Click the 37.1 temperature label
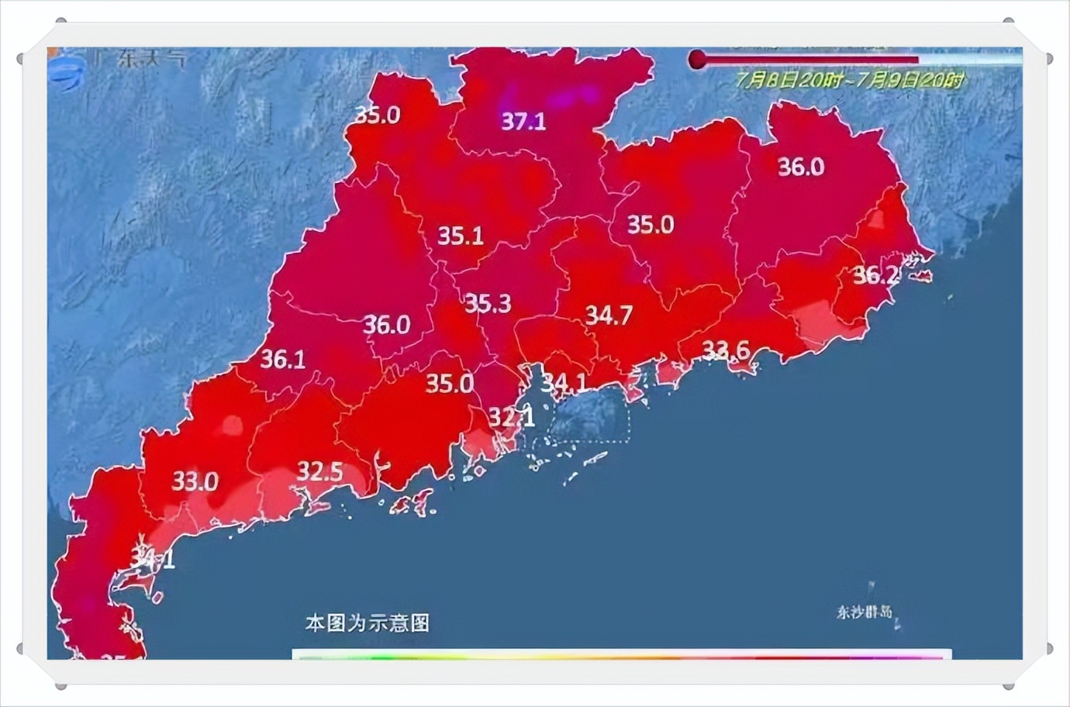click(x=523, y=121)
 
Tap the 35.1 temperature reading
click(x=461, y=235)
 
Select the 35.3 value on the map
click(x=488, y=303)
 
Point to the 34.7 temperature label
click(x=609, y=315)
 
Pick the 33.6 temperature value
click(x=726, y=350)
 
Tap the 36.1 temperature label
click(x=282, y=359)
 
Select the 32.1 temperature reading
click(x=511, y=417)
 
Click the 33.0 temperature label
click(x=195, y=481)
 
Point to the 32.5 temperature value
click(x=320, y=471)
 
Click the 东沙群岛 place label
click(x=864, y=612)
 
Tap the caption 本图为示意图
click(x=368, y=623)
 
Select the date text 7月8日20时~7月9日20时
click(x=851, y=80)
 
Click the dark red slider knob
click(x=698, y=60)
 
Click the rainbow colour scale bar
click(x=620, y=656)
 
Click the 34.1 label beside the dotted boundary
click(x=564, y=382)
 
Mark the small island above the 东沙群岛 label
click(x=872, y=588)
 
